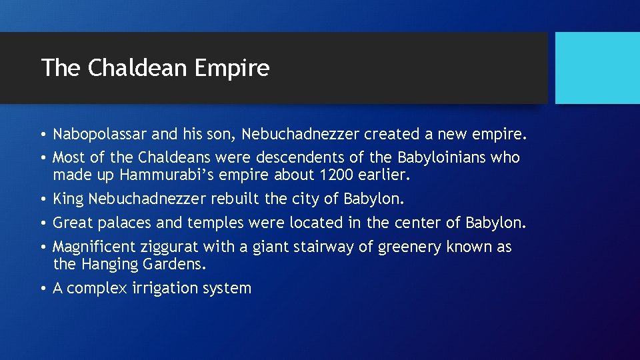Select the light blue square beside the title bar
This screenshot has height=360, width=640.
click(x=597, y=67)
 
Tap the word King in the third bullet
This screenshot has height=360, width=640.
click(x=68, y=199)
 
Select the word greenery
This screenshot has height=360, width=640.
click(x=409, y=247)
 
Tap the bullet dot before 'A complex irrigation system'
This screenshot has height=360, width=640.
click(x=43, y=289)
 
